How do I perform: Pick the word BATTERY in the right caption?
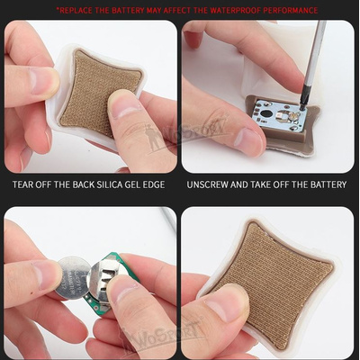pos(326,184)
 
